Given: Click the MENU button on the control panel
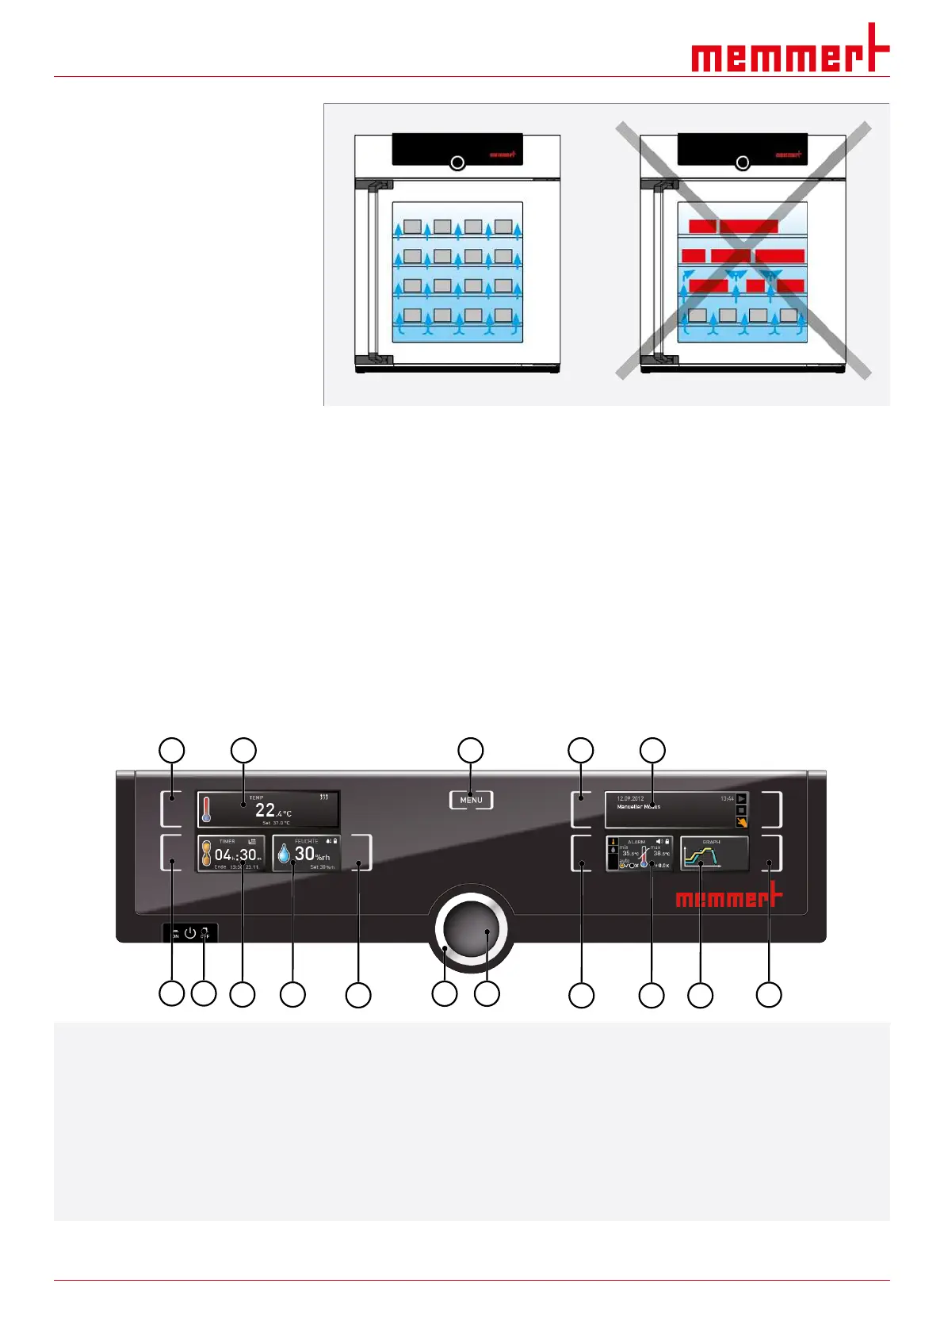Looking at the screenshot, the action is (471, 800).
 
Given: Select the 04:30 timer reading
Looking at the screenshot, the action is (237, 855).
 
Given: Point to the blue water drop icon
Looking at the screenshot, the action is (284, 854).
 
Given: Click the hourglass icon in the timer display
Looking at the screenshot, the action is (206, 854).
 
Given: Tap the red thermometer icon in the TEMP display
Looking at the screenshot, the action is (207, 809).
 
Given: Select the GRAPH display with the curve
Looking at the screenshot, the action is (713, 855).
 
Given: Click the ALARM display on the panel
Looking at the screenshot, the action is (639, 855).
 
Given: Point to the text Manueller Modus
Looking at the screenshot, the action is (638, 807).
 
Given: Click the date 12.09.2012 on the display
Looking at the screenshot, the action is (630, 798).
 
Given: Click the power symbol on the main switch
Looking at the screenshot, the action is (190, 933).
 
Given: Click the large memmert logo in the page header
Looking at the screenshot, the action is (789, 52).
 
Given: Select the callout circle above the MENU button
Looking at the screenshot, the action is (471, 750).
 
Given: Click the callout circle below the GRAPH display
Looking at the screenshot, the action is (700, 995).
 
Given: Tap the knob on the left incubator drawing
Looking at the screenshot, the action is (457, 163).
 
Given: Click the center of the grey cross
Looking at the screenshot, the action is (744, 250).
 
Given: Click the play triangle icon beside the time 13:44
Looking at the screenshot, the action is (741, 798).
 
